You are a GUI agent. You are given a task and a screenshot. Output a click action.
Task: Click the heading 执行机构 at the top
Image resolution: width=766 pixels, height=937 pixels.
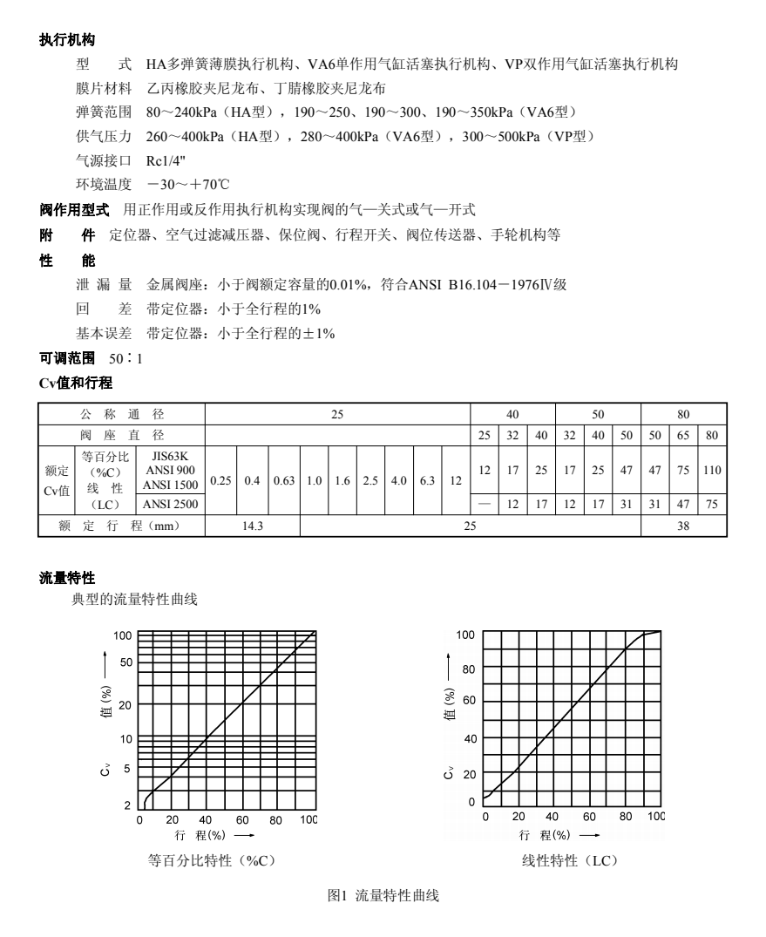[x=67, y=40]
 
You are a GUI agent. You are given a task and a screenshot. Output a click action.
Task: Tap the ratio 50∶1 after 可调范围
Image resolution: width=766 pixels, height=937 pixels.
[x=126, y=359]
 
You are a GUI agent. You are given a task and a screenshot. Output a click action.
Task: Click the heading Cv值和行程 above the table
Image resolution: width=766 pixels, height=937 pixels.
[x=76, y=383]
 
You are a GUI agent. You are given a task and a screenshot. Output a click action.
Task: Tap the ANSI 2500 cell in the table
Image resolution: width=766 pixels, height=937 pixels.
[x=170, y=504]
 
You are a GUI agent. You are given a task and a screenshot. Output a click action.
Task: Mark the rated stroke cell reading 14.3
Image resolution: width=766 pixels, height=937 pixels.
[x=253, y=526]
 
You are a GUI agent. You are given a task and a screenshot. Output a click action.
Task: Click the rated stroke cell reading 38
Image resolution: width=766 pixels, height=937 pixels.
[x=683, y=526]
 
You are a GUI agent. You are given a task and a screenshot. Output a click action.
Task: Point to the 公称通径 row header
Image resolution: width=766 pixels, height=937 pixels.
[x=122, y=413]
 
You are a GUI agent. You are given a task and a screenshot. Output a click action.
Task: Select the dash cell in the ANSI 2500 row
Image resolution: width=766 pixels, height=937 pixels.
[x=485, y=504]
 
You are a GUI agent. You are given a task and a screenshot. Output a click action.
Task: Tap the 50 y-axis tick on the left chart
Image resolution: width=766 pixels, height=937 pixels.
[x=126, y=662]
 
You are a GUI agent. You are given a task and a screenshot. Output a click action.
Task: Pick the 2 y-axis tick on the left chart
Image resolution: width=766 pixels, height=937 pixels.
[x=128, y=805]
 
